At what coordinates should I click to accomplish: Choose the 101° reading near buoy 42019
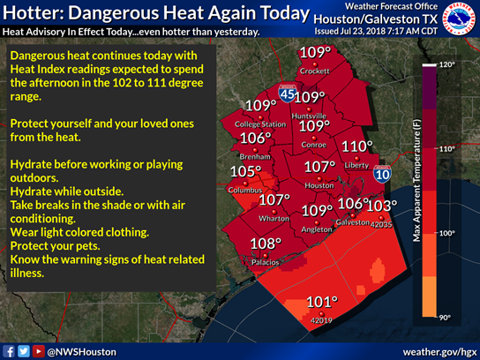(x=322, y=303)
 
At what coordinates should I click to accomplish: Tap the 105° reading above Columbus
(x=245, y=172)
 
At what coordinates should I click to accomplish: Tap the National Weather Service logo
(x=458, y=21)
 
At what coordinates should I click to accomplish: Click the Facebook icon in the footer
(x=9, y=351)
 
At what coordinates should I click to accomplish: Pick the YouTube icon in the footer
(x=38, y=351)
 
